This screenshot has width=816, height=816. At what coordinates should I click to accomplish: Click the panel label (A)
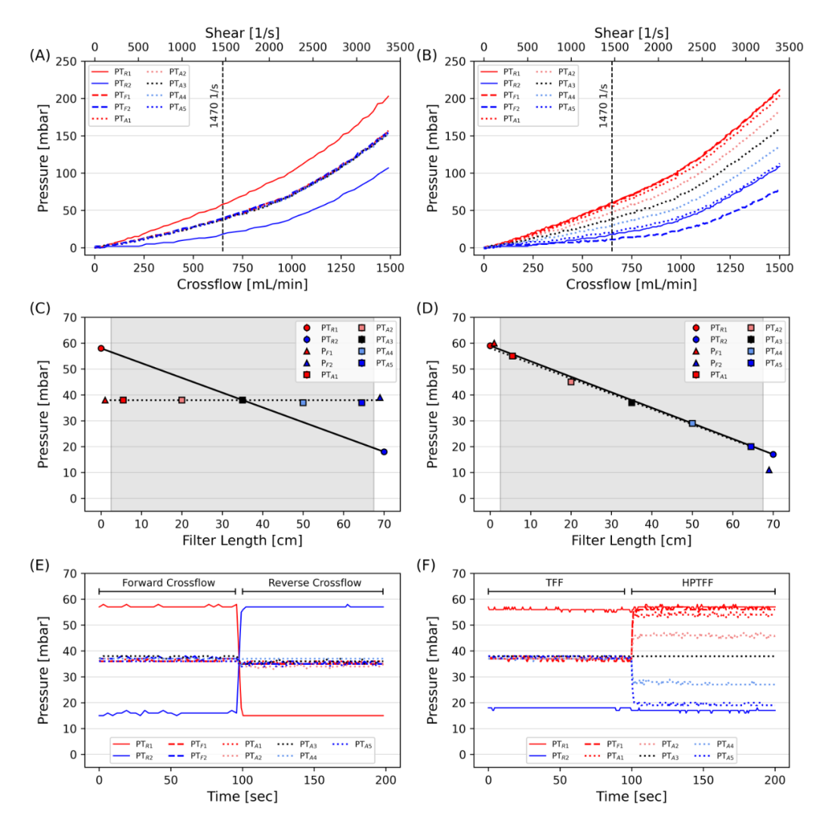tap(39, 54)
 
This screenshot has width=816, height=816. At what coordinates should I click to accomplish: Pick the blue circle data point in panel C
tap(384, 452)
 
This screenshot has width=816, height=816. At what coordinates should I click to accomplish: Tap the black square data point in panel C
tap(243, 400)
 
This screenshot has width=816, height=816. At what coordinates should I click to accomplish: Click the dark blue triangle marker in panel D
tap(769, 470)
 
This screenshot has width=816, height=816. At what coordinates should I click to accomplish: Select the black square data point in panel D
tap(632, 403)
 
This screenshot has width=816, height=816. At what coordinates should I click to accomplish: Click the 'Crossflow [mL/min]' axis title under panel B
tap(631, 285)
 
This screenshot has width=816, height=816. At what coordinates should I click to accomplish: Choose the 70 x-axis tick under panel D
tap(773, 524)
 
